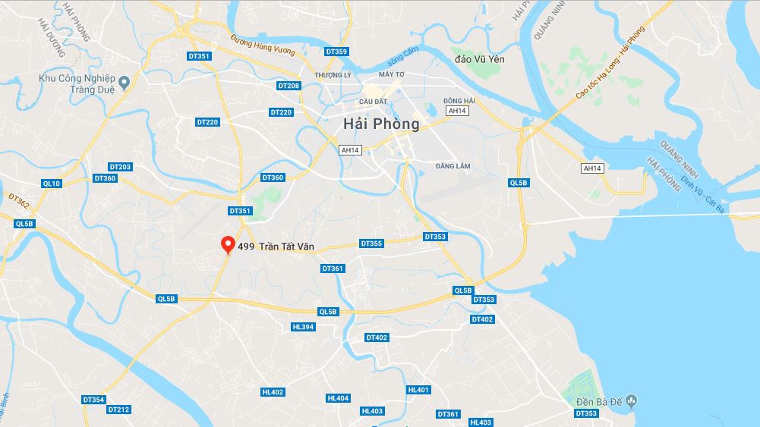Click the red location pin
(x=227, y=244)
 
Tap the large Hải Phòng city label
(x=381, y=124)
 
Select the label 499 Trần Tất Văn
(x=276, y=246)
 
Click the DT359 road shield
(x=336, y=52)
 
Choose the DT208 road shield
(x=289, y=86)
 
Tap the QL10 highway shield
(x=52, y=183)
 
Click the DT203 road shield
(x=120, y=167)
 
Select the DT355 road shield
(x=371, y=243)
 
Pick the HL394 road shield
(x=302, y=327)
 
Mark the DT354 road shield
(x=93, y=400)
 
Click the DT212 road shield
(x=118, y=410)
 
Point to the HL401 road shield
(x=418, y=390)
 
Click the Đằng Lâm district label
(x=455, y=165)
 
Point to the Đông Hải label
(x=459, y=101)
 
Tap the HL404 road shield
(x=338, y=398)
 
